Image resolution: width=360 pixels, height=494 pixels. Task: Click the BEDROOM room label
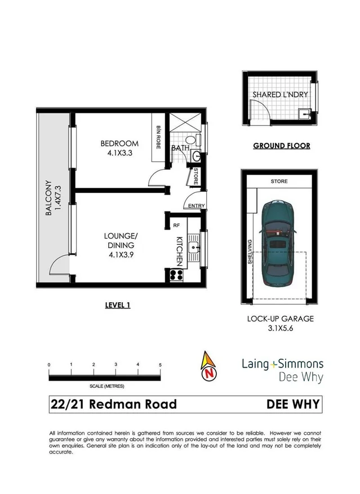pos(116,143)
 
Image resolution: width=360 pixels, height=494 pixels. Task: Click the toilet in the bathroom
pos(190,140)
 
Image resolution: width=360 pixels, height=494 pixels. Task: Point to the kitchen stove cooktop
pos(175,276)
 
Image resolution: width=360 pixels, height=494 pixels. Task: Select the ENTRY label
pos(197,206)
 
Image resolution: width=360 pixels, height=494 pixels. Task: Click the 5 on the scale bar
pos(161,365)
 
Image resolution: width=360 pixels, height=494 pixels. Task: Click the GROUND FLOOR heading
pos(281,145)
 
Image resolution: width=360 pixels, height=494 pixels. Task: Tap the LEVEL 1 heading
pos(118,305)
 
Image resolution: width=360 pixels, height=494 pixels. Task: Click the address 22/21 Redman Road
pos(113,404)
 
